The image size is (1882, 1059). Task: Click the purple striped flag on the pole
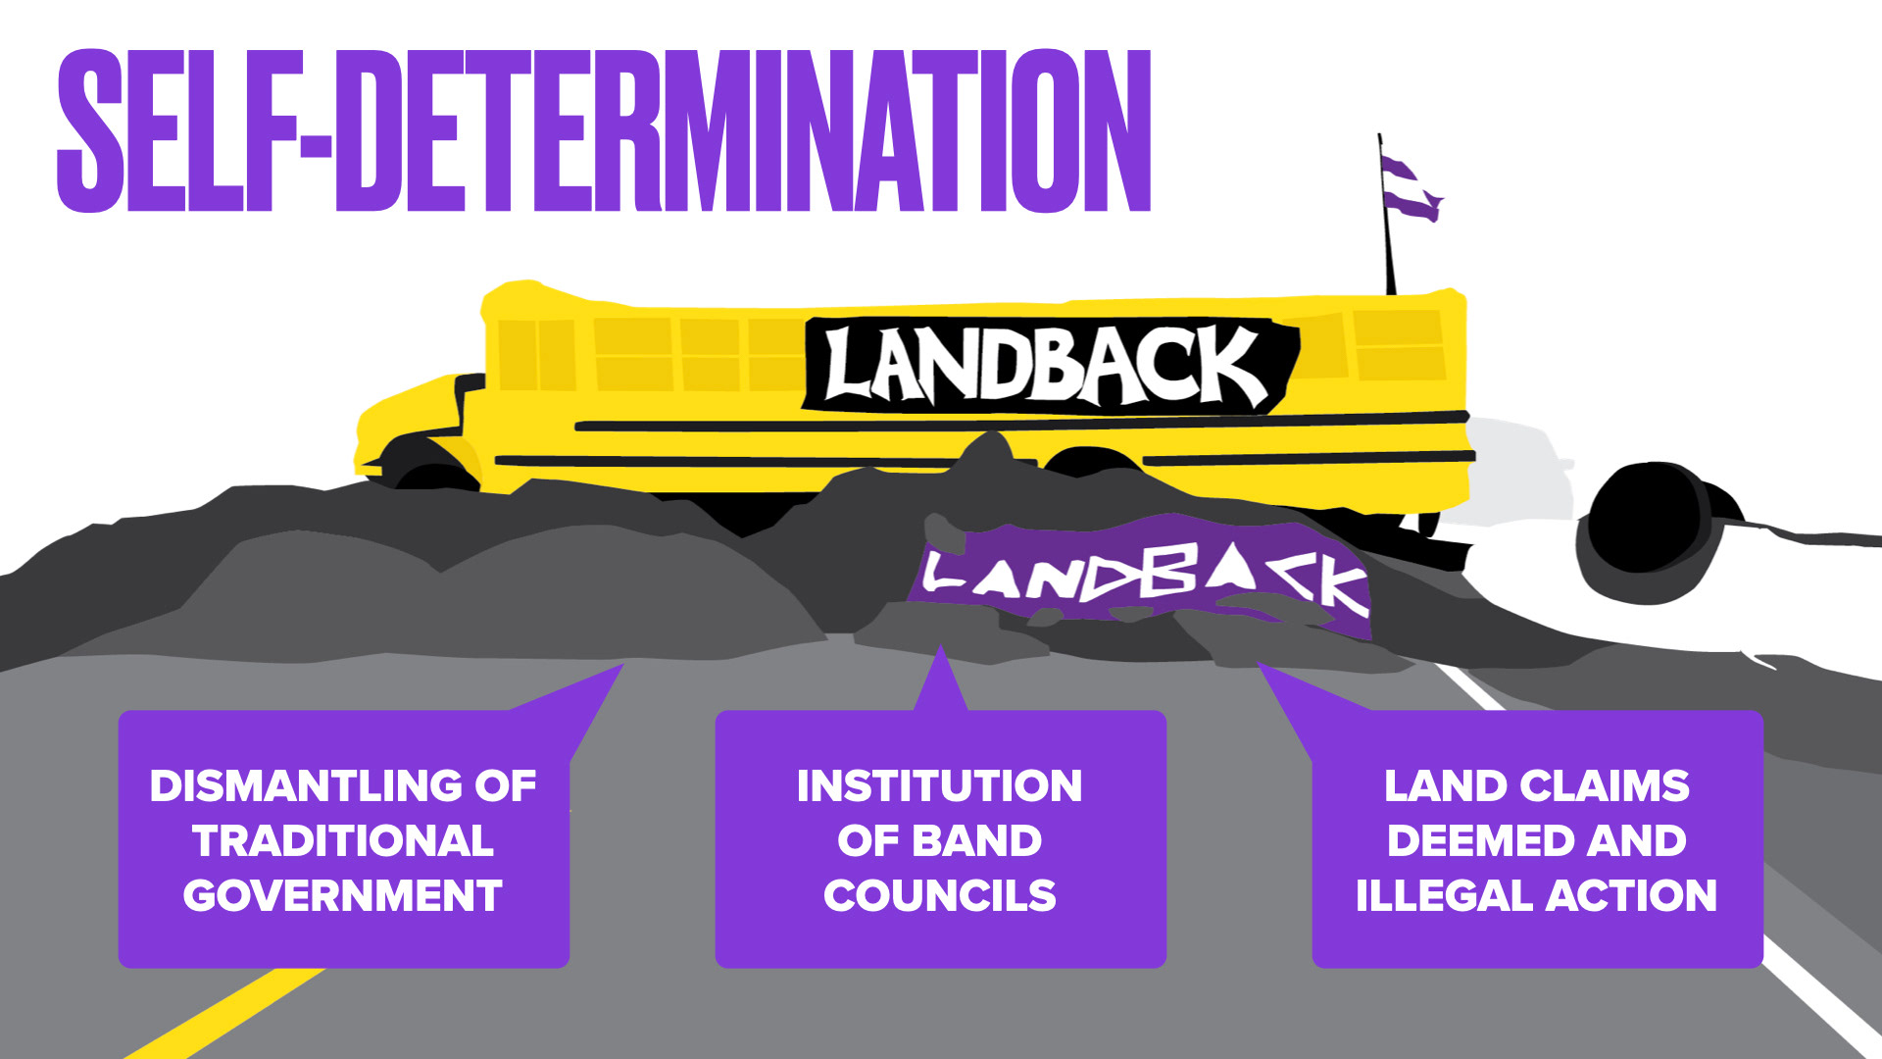(1411, 187)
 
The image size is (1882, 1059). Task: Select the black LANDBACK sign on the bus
(1049, 366)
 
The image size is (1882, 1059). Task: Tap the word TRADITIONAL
(343, 841)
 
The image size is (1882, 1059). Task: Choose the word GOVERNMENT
(343, 896)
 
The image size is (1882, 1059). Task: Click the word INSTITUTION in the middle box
(939, 786)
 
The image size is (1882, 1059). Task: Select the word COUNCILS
(939, 896)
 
